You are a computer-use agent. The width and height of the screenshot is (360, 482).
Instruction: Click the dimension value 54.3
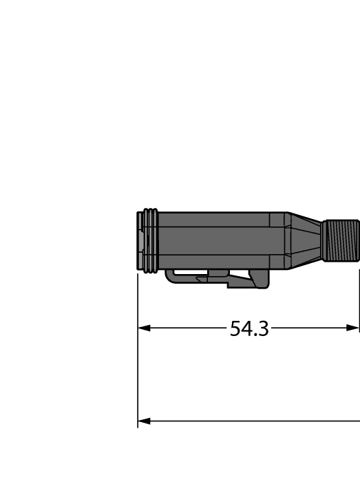248,329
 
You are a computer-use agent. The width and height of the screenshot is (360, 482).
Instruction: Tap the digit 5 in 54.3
235,329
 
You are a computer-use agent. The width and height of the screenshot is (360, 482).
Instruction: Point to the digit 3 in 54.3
262,329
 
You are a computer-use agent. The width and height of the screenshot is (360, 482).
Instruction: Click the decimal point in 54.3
254,335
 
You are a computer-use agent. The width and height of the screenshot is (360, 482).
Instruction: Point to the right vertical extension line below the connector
359,296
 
